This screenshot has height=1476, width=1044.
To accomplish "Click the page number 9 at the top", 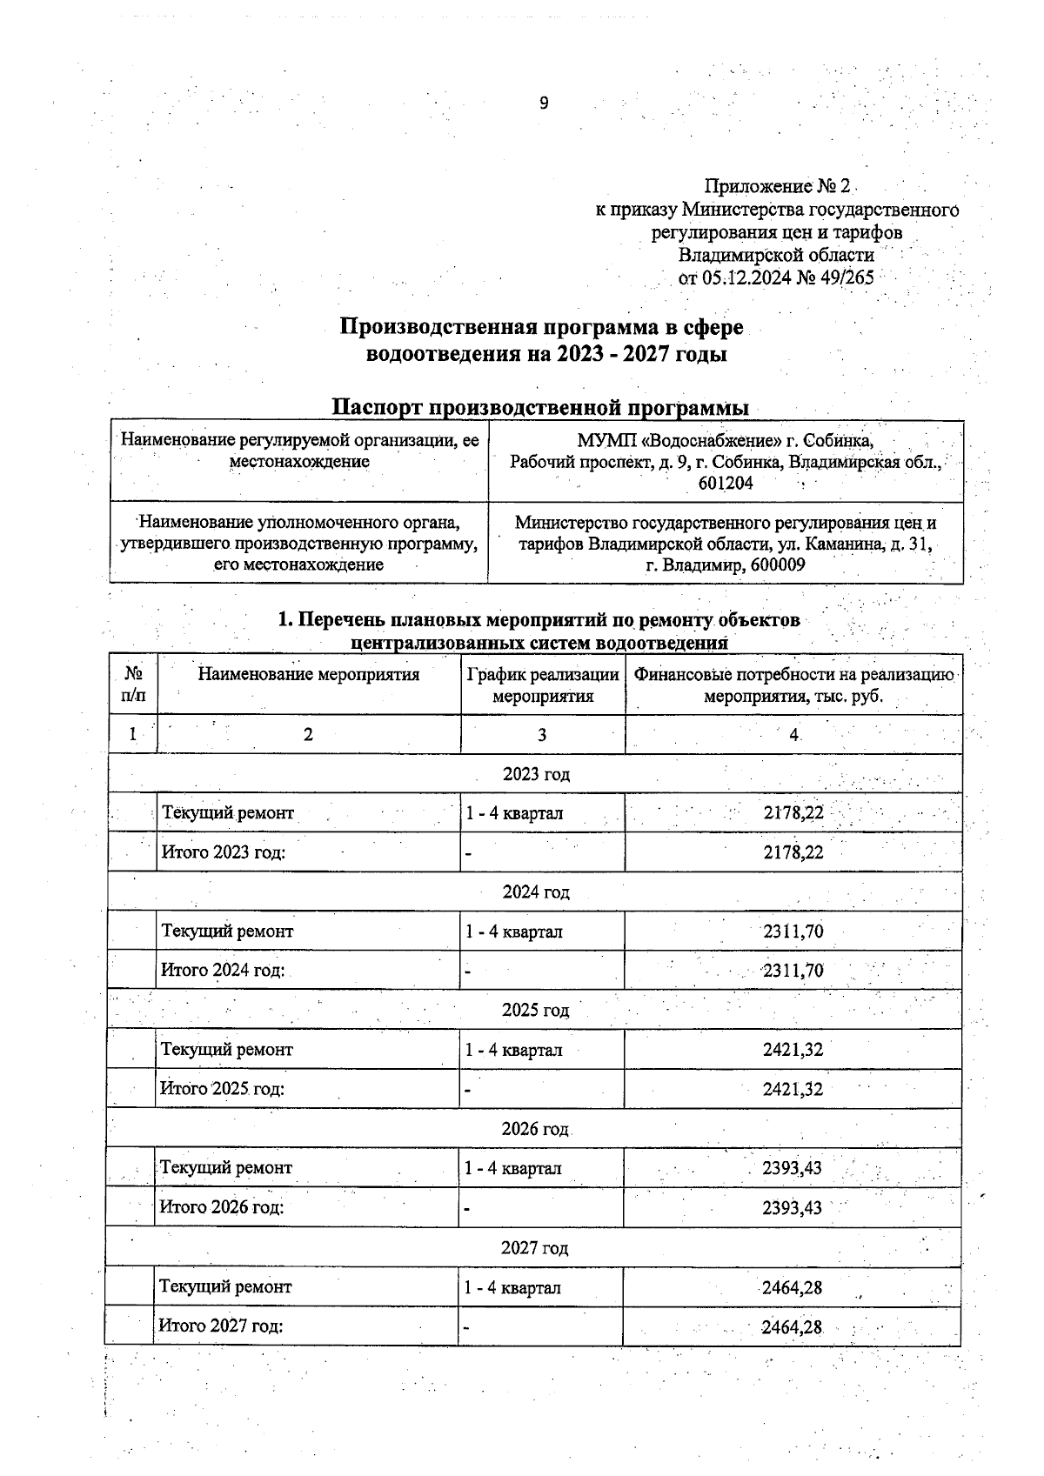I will pos(544,104).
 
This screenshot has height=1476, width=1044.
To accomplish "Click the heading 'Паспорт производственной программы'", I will pos(542,407).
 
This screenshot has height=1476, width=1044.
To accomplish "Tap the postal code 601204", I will pos(725,483).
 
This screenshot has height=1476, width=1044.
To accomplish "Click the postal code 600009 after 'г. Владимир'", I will pos(774,565).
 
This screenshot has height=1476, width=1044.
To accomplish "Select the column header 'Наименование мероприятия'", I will pos(309,674).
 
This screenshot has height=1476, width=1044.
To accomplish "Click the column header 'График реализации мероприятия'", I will pos(543,685).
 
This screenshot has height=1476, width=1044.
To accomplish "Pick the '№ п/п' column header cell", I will pos(133,685).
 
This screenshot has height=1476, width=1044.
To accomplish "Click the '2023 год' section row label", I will pos(536,773).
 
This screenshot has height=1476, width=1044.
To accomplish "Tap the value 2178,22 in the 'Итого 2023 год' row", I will pos(793,852).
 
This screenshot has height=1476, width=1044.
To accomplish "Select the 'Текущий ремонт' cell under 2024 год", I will pos(228,932).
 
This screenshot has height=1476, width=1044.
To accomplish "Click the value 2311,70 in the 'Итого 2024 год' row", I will pos(793,971).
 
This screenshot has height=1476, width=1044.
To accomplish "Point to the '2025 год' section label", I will pos(535,1010).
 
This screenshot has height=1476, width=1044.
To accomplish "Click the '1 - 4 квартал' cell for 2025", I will pos(513,1050).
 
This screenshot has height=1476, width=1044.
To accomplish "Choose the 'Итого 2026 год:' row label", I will pos(222,1207).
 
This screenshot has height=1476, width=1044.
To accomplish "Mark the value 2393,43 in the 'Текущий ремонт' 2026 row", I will pos(792,1168).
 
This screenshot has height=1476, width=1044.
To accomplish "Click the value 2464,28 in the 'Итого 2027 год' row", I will pos(792,1327).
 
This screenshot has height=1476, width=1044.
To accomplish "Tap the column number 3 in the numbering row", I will pos(541,734).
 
